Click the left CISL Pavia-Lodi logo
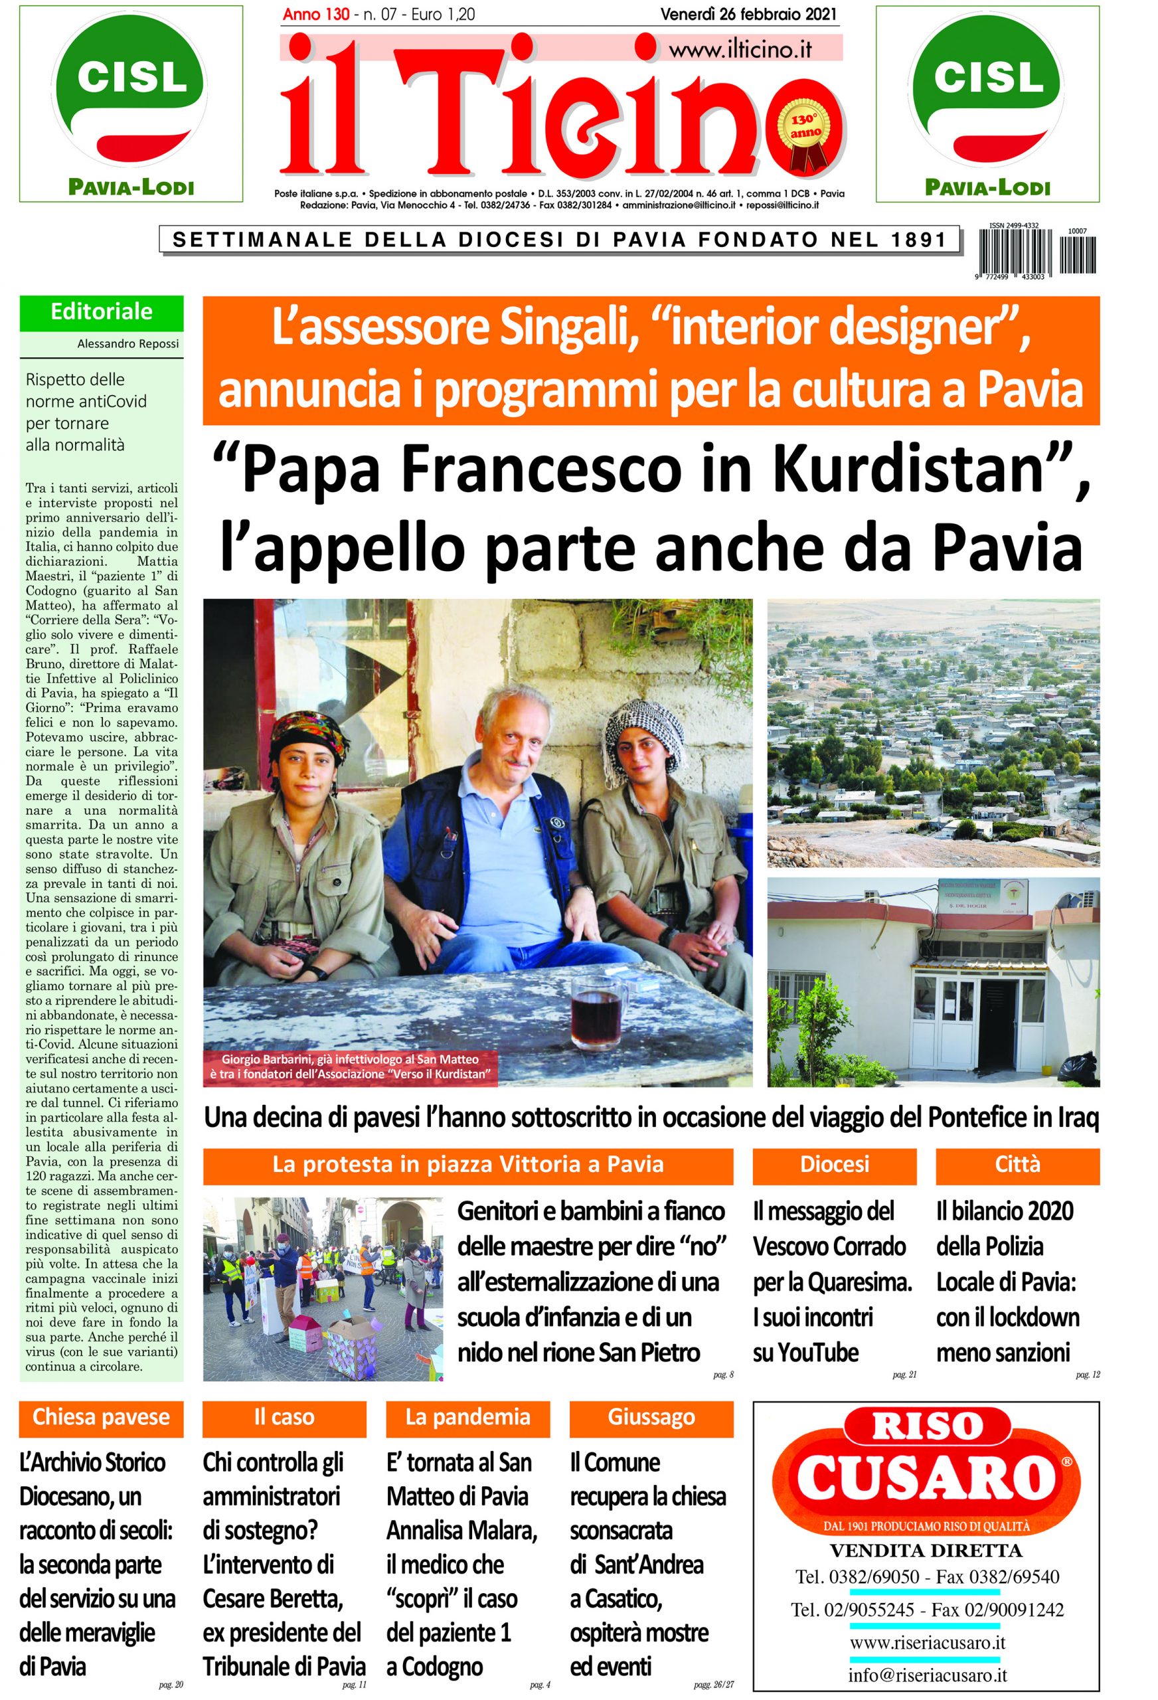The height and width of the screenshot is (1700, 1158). coord(131,102)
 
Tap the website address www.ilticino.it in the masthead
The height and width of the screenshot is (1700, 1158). coord(740,50)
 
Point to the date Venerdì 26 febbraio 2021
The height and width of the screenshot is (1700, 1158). coord(748,14)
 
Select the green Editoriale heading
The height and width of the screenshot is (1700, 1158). coord(101,312)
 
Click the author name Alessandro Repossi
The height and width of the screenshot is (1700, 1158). coord(127,343)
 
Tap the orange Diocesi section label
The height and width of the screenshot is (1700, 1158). coord(834,1165)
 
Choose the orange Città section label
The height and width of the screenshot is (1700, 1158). coord(1017,1165)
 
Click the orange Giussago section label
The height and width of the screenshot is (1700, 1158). coord(650,1417)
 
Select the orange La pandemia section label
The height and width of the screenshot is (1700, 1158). coord(467,1417)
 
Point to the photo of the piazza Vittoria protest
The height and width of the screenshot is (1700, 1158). coord(323,1288)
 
